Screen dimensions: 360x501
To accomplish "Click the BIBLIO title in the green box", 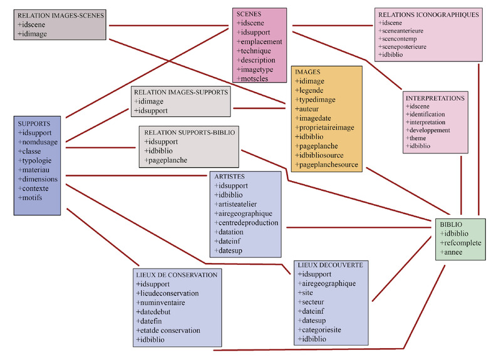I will (451, 224).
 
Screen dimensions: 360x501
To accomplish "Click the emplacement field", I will (260, 42).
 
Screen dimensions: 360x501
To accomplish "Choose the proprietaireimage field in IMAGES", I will (327, 128).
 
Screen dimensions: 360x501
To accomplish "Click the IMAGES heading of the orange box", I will (308, 73).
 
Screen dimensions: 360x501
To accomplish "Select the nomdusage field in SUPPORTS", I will (41, 142).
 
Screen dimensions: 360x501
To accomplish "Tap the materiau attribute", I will (38, 170).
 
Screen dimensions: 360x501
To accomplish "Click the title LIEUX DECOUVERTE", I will (329, 265).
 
